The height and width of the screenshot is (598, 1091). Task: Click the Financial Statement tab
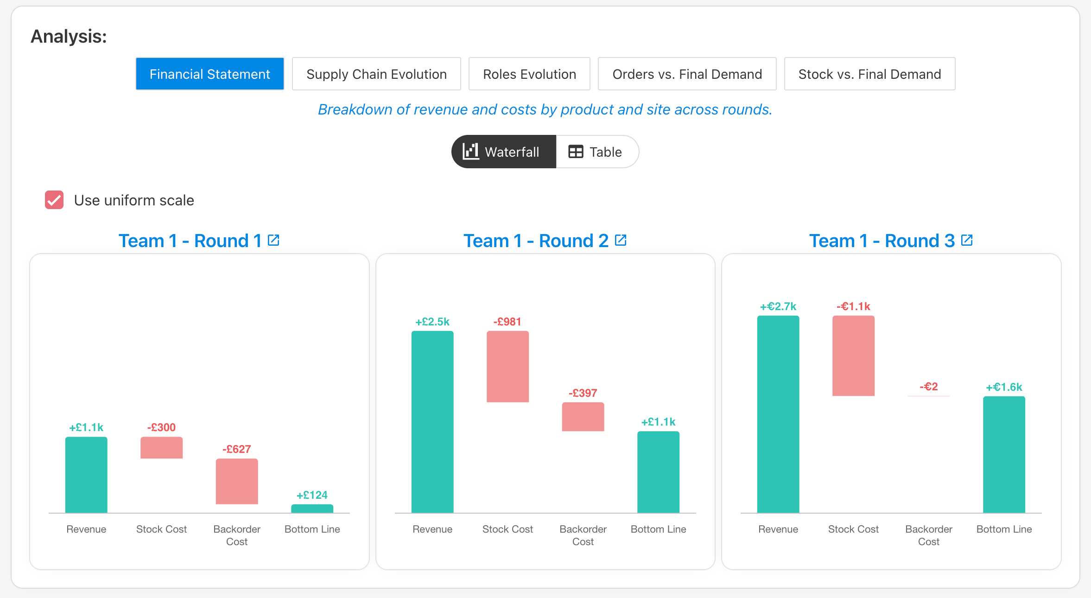tap(209, 74)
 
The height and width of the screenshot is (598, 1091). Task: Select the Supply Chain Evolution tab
tap(376, 74)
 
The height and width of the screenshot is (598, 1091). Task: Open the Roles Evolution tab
tap(529, 74)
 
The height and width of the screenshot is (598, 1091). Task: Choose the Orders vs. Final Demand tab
tap(687, 74)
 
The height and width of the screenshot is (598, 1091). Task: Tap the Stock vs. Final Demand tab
tap(869, 74)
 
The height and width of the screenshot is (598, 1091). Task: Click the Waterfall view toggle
tap(504, 152)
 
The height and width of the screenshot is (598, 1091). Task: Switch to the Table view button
tap(597, 152)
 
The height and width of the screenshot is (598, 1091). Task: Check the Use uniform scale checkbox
tap(54, 200)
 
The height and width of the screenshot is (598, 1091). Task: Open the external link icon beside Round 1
tap(273, 240)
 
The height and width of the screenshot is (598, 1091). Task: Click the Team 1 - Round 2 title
tap(536, 241)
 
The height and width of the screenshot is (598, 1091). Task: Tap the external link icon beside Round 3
tap(967, 240)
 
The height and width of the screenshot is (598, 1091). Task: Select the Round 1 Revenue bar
tap(86, 475)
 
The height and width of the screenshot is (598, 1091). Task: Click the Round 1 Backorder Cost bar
tap(237, 481)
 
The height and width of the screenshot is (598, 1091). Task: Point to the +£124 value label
tap(312, 495)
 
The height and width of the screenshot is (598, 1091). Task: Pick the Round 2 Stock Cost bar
tap(507, 366)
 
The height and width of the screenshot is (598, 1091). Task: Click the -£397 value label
tap(583, 393)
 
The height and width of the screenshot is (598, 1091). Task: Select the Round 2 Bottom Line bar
tap(658, 472)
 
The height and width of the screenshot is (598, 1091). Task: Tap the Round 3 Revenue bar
tap(778, 414)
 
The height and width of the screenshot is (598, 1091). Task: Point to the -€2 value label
tap(929, 387)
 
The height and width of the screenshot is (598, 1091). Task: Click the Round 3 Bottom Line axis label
tap(1004, 529)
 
